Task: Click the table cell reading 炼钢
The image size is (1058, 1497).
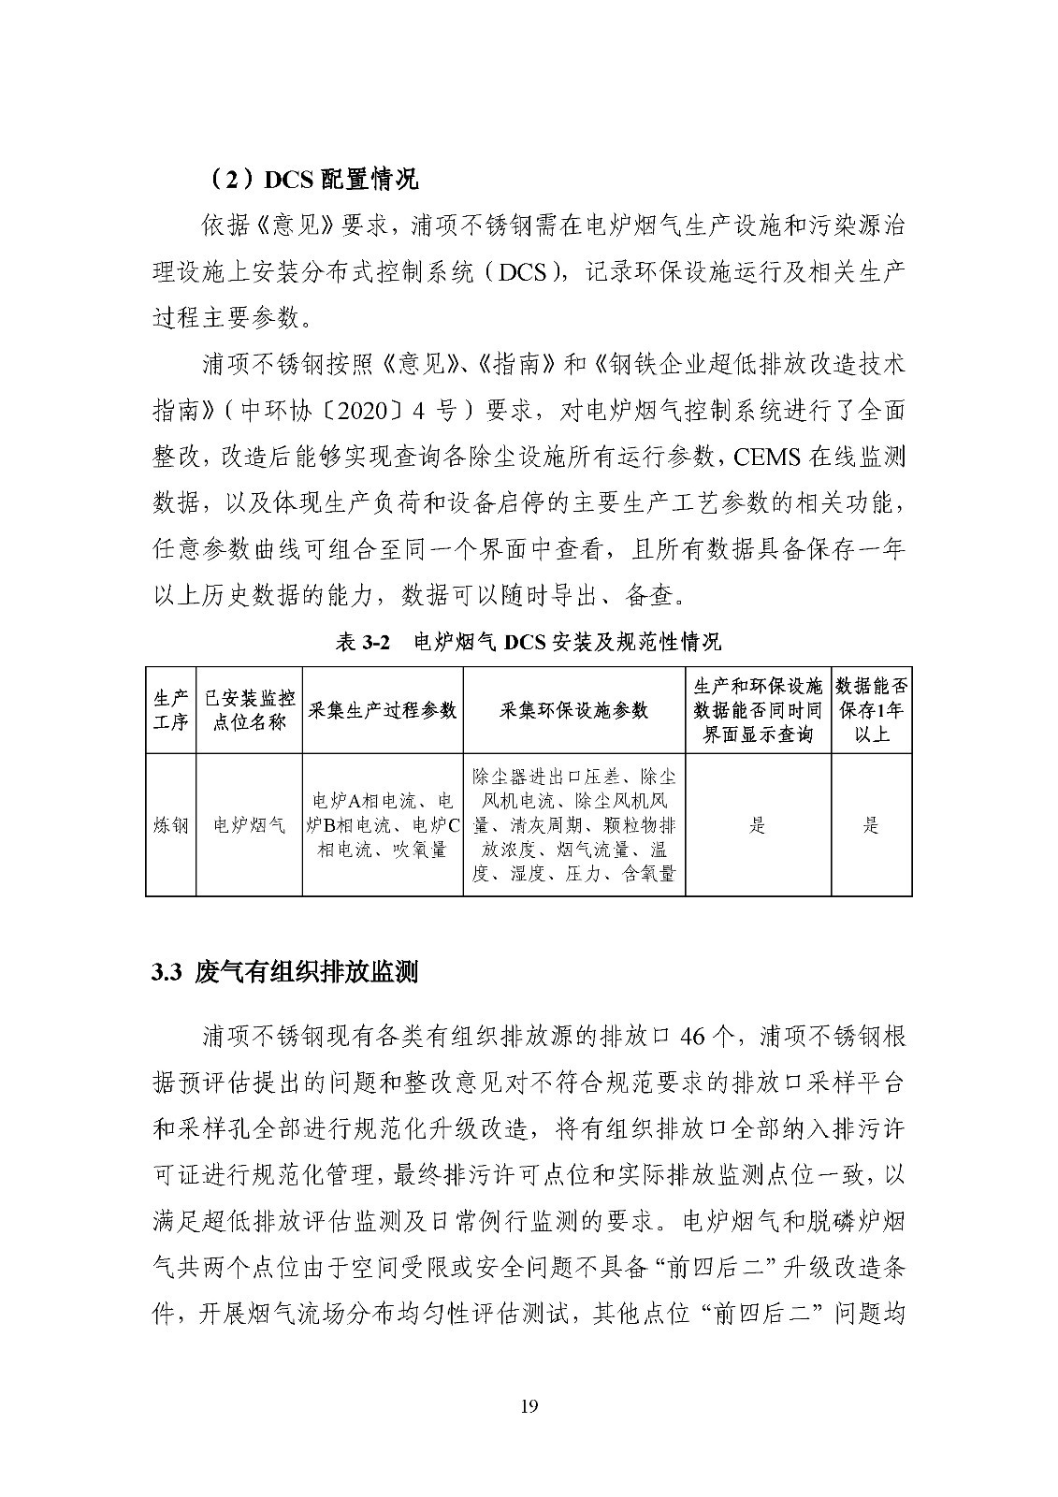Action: tap(170, 825)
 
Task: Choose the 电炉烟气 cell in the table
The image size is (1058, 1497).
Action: tap(249, 825)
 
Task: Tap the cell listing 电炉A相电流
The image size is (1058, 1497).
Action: tap(382, 825)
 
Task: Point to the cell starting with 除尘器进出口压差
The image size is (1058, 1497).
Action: tap(573, 825)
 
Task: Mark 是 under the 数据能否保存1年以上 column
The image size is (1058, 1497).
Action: tap(871, 825)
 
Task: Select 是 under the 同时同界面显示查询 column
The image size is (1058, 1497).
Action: tap(758, 825)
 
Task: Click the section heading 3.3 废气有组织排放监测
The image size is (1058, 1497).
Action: tap(284, 972)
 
